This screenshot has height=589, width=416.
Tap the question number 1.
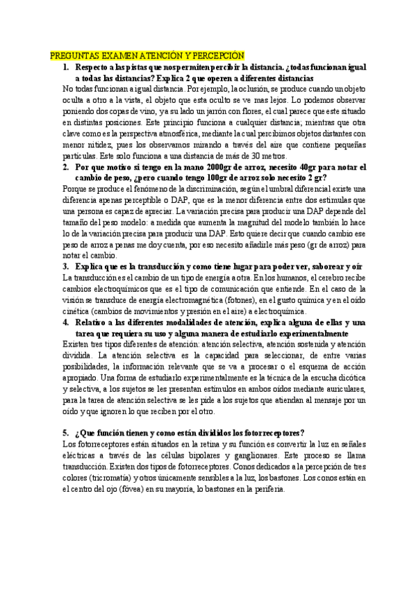65,68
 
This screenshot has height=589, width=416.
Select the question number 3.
65,266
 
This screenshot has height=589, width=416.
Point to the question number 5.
65,432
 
